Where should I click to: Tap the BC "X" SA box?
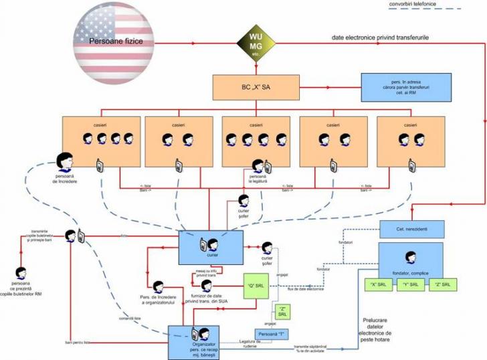[256, 87]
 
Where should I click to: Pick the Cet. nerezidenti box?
[411, 228]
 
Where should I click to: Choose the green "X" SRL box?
[383, 284]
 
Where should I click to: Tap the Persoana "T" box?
[274, 334]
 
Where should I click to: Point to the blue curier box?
[208, 246]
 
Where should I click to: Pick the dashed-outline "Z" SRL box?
[281, 311]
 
